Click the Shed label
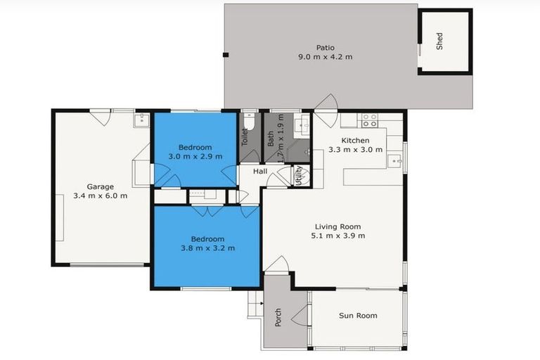coord(440,42)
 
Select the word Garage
coord(101,186)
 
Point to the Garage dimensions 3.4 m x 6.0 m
coord(101,196)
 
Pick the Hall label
coord(260,172)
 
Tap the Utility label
coord(299,175)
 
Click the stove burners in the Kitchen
coord(370,120)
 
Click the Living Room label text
coord(337,226)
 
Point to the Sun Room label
coord(358,316)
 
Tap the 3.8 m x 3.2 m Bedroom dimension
coord(207,247)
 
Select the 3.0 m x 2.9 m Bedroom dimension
coord(195,156)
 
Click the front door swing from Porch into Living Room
coord(278,266)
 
